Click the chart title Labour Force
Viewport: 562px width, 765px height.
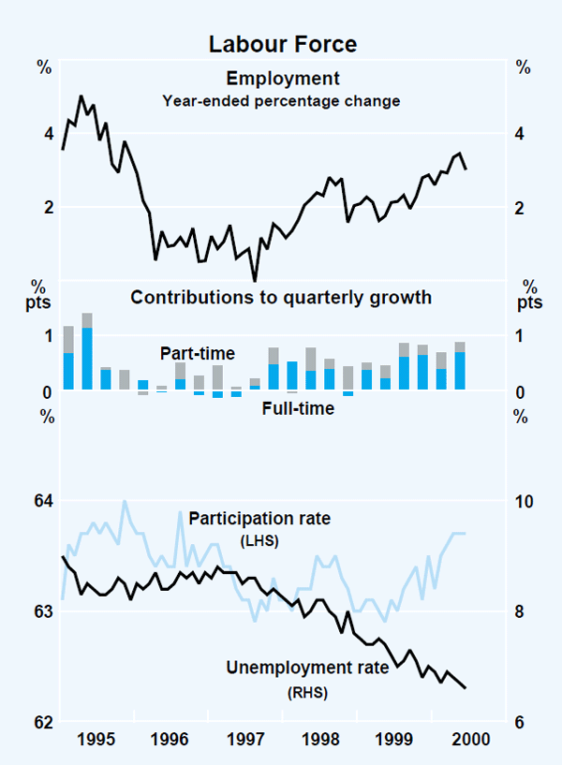coord(282,43)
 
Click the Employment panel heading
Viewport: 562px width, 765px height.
coord(281,79)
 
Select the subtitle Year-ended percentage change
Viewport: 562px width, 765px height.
coord(281,100)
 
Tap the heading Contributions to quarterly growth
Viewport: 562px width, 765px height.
coord(281,298)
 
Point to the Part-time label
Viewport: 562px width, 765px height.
coord(197,353)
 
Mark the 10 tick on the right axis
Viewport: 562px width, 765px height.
coord(522,502)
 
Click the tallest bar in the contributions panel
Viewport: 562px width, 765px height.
coord(87,351)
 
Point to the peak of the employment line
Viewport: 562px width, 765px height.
coord(81,96)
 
